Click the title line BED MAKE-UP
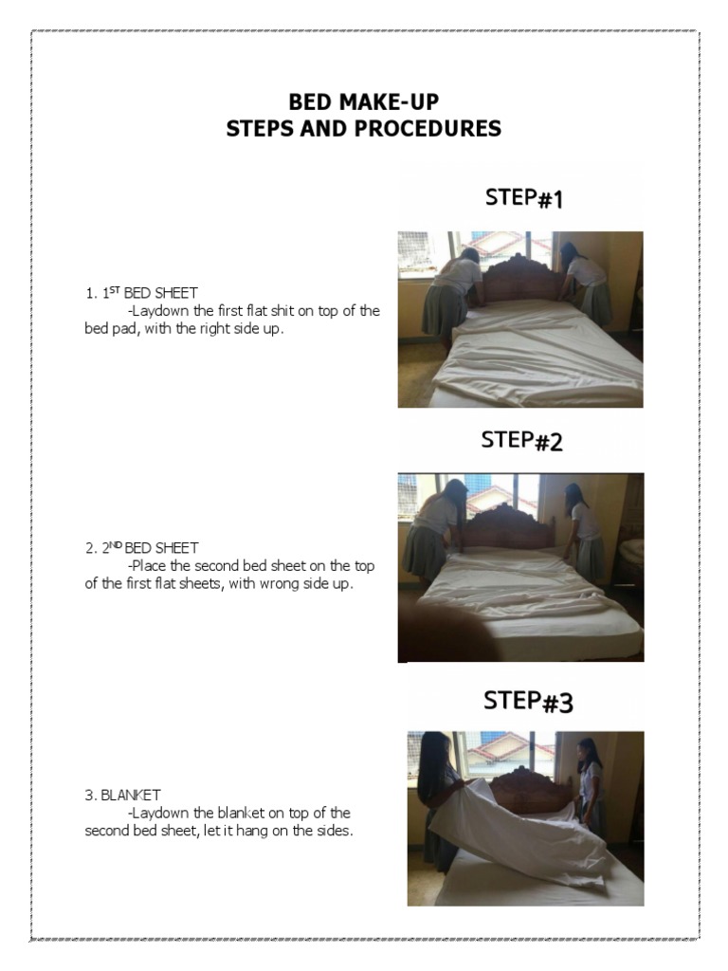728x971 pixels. coord(364,102)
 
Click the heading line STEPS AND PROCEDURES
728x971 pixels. coord(364,128)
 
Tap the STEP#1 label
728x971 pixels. coord(524,198)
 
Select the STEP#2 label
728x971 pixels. coord(521,440)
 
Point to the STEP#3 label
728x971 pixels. coord(528,701)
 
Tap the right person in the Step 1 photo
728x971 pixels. coord(587,284)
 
